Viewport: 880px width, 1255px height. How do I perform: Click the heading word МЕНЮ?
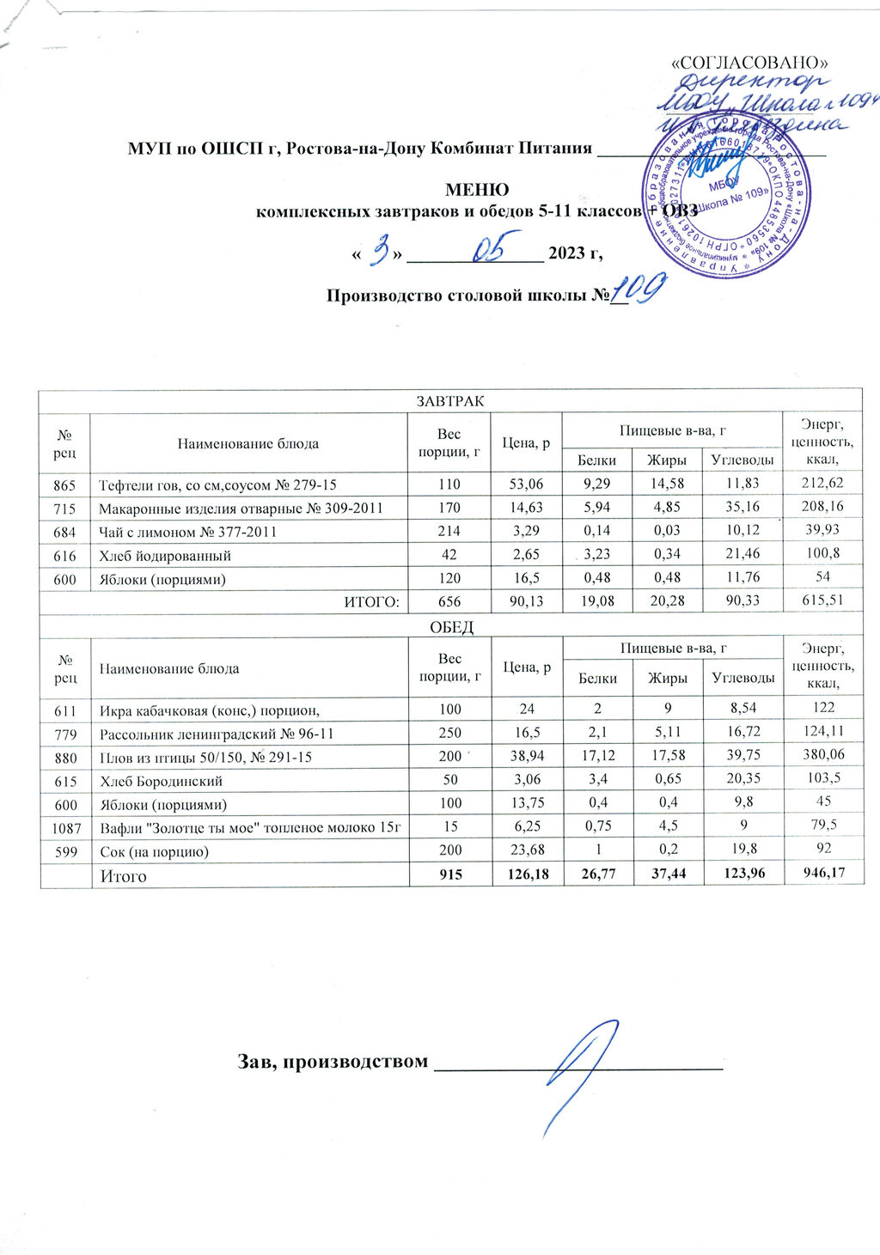476,190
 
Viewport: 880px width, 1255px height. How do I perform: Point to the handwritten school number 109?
639,293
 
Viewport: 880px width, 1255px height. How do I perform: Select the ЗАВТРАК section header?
450,401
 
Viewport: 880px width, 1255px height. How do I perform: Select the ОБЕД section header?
450,627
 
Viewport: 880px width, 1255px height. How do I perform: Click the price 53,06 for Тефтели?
526,484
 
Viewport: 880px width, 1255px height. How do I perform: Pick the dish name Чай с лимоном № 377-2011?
188,532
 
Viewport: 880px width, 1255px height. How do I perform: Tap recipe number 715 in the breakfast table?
65,509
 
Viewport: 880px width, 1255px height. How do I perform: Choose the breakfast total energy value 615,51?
822,601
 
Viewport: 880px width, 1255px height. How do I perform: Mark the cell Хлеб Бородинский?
162,781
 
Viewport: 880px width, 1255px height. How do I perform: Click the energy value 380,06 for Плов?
822,757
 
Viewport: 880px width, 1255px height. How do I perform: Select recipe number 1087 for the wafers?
65,828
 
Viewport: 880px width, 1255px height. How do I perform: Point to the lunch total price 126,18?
526,875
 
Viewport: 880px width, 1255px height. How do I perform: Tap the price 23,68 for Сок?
526,851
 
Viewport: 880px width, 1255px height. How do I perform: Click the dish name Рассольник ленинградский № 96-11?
217,734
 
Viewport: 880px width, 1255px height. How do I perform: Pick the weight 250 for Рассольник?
449,734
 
